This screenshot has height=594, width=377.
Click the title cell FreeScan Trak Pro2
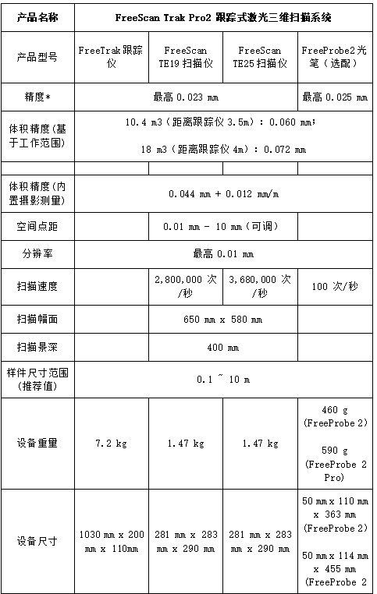223,16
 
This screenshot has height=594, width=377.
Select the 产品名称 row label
37,16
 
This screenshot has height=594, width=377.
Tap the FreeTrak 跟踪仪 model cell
111,57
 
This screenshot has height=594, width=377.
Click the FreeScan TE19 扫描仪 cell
186,57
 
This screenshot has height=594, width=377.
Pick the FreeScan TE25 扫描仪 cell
260,57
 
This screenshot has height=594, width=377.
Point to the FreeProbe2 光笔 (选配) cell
335,57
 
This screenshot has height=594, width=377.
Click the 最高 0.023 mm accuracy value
186,97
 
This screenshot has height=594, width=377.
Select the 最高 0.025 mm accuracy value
335,97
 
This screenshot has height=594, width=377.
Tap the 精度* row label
37,97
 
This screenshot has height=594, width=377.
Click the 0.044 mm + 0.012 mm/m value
223,193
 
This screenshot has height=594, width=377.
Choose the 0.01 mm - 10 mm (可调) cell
223,226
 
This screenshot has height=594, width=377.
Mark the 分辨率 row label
37,254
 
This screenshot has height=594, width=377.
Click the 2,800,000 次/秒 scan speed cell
186,286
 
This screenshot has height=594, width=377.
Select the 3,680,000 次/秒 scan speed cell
260,286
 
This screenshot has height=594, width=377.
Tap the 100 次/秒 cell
335,286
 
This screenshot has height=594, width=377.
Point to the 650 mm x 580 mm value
223,319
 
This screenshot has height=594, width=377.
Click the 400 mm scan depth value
223,348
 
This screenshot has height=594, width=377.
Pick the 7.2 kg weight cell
111,444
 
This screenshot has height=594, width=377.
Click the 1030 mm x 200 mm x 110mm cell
111,541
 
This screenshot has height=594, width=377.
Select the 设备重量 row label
37,444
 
